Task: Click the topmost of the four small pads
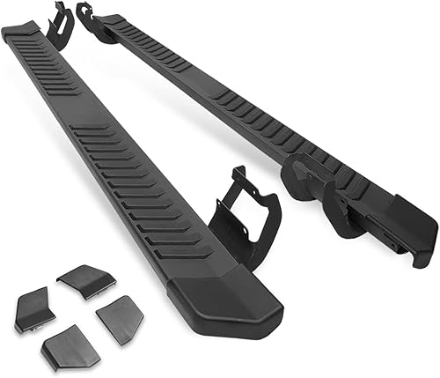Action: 87,279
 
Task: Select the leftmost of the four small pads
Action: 34,309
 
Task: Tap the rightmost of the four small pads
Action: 120,319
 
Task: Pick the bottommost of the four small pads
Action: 69,346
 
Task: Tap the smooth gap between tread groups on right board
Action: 197,78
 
